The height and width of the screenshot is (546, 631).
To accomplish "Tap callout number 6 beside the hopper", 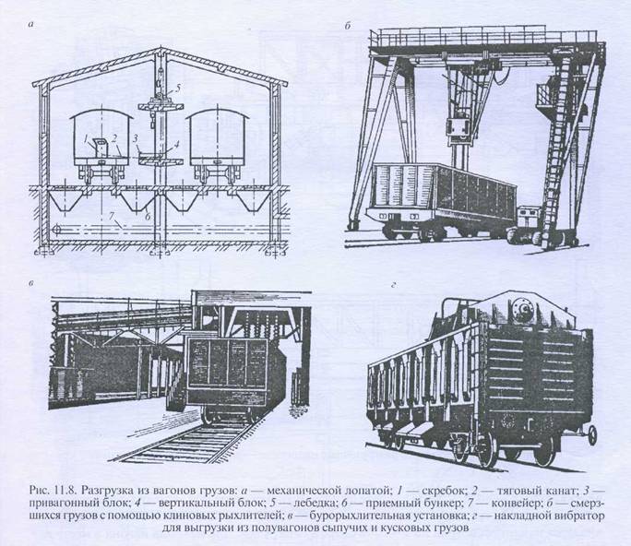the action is pyautogui.click(x=148, y=216).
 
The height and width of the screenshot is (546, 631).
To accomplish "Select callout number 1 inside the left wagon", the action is pyautogui.click(x=86, y=139).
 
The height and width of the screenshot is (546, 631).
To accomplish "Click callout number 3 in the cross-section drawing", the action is pyautogui.click(x=136, y=139).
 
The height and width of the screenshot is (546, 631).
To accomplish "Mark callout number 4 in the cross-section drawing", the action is pyautogui.click(x=176, y=144).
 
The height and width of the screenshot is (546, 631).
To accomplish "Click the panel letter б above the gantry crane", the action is pyautogui.click(x=348, y=26).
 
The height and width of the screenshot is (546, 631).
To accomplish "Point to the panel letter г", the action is pyautogui.click(x=394, y=286).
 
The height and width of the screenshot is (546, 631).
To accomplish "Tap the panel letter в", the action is pyautogui.click(x=31, y=282).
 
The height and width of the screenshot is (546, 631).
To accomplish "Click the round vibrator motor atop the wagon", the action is pyautogui.click(x=523, y=308).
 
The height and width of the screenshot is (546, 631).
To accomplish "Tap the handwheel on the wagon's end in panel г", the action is pyautogui.click(x=592, y=434).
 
